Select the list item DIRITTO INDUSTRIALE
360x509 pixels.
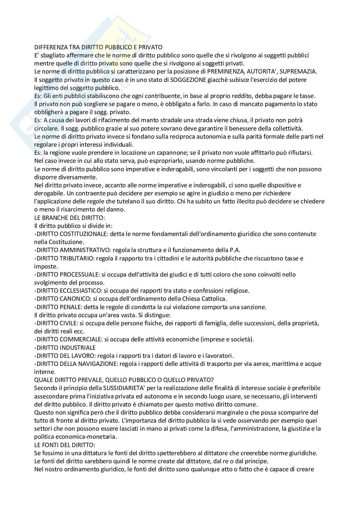click(x=65, y=347)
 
